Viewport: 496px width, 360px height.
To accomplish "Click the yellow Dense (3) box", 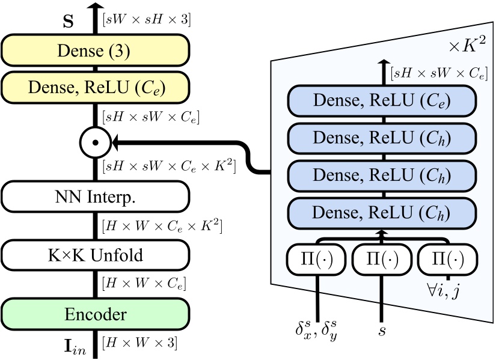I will pos(95,50).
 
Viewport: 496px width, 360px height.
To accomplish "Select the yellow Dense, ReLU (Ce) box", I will pos(95,88).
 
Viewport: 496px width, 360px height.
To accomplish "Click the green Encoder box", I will pos(95,314).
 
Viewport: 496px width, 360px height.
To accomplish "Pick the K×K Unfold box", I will pos(95,255).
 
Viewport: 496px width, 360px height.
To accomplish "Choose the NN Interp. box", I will pos(95,197).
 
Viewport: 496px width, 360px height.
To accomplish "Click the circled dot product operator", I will pos(95,142).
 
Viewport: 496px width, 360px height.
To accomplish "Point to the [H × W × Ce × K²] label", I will pos(163,227).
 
